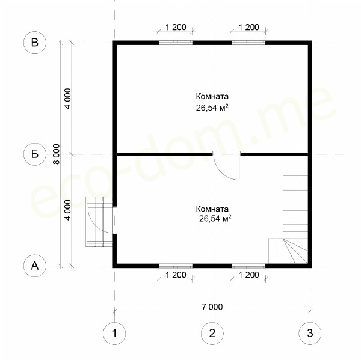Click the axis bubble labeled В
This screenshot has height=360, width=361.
(x=35, y=43)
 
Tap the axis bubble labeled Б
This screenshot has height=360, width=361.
(x=35, y=154)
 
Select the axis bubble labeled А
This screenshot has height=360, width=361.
(x=35, y=266)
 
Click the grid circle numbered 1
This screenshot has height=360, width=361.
(x=114, y=334)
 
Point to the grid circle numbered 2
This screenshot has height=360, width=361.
(x=212, y=334)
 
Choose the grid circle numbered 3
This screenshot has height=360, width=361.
(x=310, y=334)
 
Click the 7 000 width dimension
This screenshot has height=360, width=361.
(x=212, y=307)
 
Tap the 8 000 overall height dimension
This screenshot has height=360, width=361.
(x=56, y=154)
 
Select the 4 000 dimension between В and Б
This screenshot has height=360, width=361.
(x=68, y=99)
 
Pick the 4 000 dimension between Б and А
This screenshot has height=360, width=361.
(x=68, y=210)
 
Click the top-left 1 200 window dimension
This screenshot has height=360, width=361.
(x=176, y=27)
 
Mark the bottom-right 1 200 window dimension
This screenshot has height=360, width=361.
(x=249, y=275)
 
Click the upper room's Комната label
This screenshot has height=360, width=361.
(x=212, y=96)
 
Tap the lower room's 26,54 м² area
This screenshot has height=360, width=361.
(x=215, y=218)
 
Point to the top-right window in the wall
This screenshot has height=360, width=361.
(x=248, y=43)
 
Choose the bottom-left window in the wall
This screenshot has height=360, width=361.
(x=176, y=266)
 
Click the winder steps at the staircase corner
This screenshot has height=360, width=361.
(x=295, y=251)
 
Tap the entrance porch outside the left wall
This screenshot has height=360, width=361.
(x=99, y=222)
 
